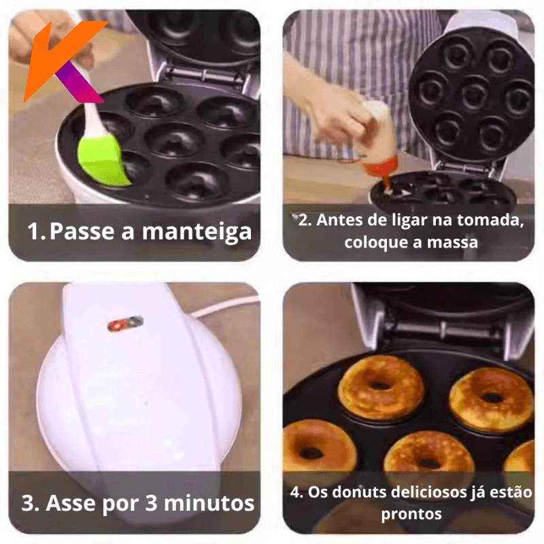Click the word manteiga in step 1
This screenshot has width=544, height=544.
tap(197, 233)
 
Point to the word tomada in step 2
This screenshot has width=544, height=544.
tap(490, 220)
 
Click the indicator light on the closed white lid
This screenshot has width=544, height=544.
tap(126, 324)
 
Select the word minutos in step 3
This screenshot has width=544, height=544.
tap(209, 503)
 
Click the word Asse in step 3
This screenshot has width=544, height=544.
tap(71, 503)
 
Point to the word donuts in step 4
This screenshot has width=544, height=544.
tap(359, 492)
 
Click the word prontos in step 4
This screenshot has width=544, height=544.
tap(411, 514)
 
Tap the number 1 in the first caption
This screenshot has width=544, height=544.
tap(34, 231)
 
